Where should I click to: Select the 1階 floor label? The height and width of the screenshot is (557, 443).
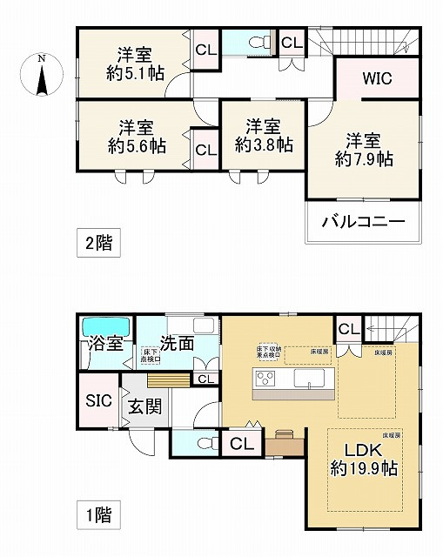[97, 516]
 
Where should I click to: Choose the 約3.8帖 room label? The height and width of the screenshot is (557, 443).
[263, 136]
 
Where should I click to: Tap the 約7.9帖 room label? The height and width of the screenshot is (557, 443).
[364, 149]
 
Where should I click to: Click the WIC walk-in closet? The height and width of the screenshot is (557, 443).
[377, 78]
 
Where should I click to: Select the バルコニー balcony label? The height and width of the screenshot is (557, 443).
[363, 222]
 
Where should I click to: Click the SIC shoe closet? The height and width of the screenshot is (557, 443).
[97, 401]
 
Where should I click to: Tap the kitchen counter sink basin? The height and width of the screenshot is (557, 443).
[309, 379]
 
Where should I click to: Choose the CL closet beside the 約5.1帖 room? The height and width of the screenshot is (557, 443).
[205, 50]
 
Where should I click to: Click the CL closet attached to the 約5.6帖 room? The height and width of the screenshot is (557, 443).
[205, 149]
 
